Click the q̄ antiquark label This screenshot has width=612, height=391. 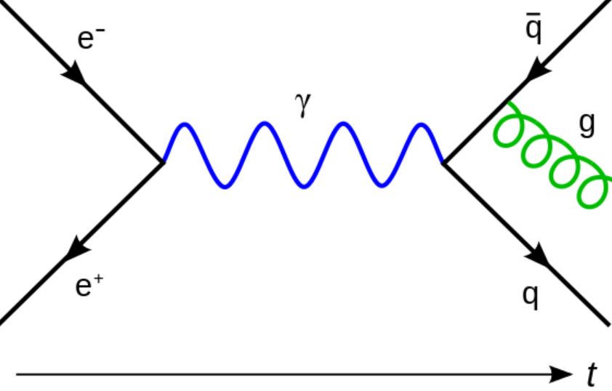point(534,30)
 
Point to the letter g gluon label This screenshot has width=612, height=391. point(587,125)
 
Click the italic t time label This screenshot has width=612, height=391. point(592,376)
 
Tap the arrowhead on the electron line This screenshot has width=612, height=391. point(76,74)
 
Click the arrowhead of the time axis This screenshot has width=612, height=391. point(563,375)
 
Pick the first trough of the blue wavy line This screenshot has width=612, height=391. point(225,186)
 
